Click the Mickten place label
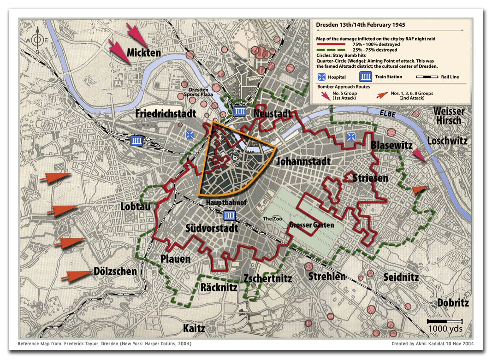(144, 52)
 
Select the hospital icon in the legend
(321, 77)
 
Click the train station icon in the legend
(366, 77)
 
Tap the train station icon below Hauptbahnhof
(229, 215)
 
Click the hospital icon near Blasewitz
(351, 136)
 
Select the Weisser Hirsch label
(449, 116)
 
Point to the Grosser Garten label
(312, 225)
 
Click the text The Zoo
(273, 218)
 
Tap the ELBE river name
(389, 113)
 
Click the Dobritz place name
(453, 303)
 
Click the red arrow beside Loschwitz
(419, 155)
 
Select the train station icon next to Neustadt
(239, 111)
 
